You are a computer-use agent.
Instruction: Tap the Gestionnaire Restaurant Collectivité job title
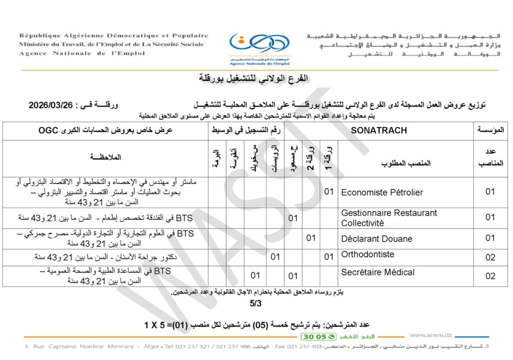click(389, 218)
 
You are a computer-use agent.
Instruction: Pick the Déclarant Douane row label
click(376, 238)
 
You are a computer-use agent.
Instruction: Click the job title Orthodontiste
click(368, 254)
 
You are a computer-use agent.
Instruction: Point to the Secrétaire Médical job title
click(378, 272)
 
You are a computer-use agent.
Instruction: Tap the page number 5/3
click(256, 303)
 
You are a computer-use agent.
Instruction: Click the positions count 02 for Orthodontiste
click(490, 257)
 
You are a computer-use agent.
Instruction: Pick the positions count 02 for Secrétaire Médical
click(490, 276)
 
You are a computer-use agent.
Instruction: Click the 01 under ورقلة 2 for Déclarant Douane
click(311, 238)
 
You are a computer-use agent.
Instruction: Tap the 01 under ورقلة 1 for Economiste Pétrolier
click(329, 191)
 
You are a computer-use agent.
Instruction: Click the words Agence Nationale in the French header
click(53, 53)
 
